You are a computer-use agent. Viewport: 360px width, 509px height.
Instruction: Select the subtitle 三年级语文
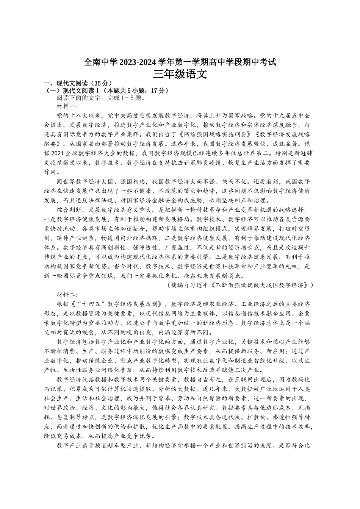click(180, 74)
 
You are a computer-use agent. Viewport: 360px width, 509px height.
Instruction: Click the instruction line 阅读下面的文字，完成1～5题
click(100, 98)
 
